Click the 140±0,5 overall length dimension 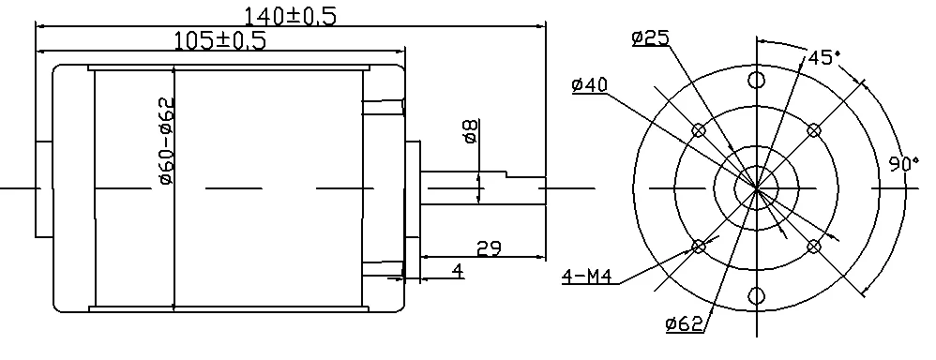(290, 16)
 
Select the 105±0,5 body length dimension (219, 40)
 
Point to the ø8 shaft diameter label (471, 130)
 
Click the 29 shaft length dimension (489, 248)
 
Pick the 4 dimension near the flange (458, 271)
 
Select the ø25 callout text (651, 37)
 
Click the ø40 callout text (590, 84)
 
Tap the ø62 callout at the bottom (684, 323)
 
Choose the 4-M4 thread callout (587, 277)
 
